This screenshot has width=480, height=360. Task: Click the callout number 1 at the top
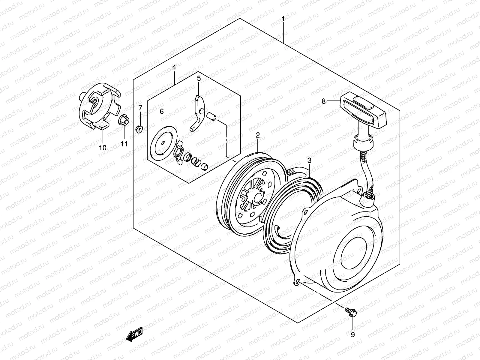point(283,19)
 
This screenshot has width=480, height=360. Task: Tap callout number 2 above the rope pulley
point(257,135)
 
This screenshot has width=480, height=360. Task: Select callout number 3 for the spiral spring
point(309,161)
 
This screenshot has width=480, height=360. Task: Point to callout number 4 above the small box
point(174,68)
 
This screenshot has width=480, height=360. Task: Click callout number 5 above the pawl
point(199,79)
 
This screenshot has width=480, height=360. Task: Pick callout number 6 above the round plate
point(162,112)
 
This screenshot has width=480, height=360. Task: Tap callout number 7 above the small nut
point(140,108)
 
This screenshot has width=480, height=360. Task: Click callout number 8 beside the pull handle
point(323,101)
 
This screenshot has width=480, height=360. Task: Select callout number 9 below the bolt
point(353,334)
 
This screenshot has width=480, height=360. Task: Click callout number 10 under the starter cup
point(103,147)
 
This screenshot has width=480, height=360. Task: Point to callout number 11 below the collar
point(124,144)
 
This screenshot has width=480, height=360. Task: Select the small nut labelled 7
point(139,129)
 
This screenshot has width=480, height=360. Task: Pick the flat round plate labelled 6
point(163,143)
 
